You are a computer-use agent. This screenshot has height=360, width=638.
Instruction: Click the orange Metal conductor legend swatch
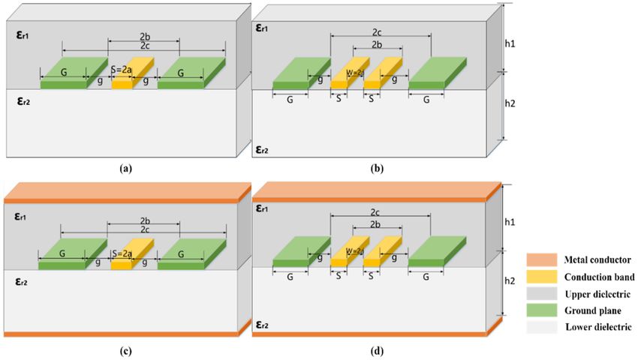click(x=542, y=259)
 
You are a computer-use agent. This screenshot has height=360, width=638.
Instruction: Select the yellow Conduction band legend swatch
click(x=542, y=277)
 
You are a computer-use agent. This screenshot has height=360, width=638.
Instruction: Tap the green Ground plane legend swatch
click(x=542, y=310)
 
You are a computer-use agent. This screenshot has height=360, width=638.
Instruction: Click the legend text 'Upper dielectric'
click(x=597, y=294)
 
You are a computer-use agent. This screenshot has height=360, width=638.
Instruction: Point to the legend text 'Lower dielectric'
click(x=598, y=327)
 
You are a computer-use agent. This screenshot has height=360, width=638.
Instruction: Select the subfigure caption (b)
click(x=377, y=168)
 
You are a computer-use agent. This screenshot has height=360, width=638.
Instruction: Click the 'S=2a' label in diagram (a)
click(x=122, y=70)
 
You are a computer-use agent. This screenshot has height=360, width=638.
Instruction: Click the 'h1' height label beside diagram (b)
click(x=510, y=43)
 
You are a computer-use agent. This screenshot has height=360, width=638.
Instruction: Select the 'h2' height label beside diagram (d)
click(x=510, y=281)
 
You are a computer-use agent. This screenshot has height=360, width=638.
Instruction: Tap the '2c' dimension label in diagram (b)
click(x=376, y=31)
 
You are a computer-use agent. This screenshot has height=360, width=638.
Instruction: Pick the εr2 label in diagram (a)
click(x=23, y=101)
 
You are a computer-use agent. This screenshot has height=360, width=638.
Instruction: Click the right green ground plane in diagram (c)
click(x=191, y=254)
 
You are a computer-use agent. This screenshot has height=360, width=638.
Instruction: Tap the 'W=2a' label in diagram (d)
click(x=355, y=252)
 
